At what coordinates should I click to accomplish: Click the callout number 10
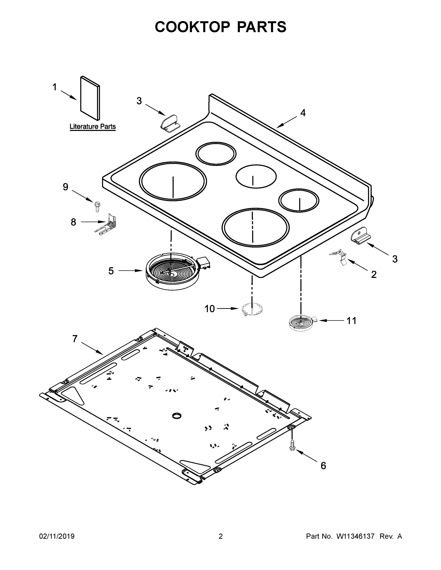point(209,309)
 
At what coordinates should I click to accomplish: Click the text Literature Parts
point(92,127)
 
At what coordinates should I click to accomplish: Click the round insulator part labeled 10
point(252,309)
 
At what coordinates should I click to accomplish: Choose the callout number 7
point(75,339)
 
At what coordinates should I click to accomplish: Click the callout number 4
point(303,113)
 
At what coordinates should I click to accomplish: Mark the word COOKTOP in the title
point(193,27)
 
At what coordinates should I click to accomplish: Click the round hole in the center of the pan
point(177,416)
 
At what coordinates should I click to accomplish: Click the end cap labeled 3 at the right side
point(360,235)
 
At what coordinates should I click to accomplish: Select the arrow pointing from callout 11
point(330,320)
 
